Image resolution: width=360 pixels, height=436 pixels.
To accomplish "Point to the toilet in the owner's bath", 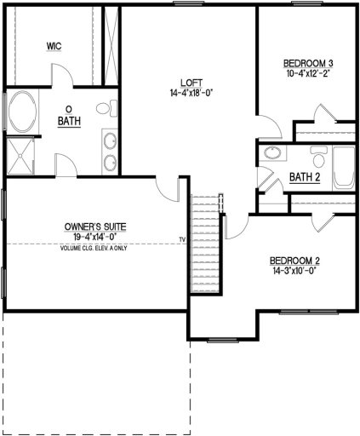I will point(105,109).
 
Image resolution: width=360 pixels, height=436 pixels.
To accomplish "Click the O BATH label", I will point(68,116).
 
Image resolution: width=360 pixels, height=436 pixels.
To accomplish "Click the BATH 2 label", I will point(304,178).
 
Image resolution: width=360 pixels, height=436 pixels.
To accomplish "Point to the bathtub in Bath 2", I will point(344,168).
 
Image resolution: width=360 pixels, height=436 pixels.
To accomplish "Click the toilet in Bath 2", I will point(317,158).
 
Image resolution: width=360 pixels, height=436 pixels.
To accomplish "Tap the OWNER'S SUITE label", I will point(95,227).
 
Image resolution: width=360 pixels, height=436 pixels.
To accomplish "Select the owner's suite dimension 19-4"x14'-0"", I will point(95,237).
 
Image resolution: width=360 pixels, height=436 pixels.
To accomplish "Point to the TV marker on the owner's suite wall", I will point(181,239).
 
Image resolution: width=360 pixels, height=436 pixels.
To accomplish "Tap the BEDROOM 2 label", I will point(294,261).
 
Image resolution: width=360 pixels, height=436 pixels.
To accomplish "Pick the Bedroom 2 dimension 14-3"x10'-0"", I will point(294,272).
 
